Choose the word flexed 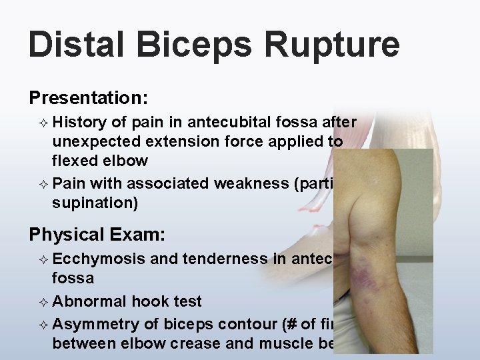point(75,161)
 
